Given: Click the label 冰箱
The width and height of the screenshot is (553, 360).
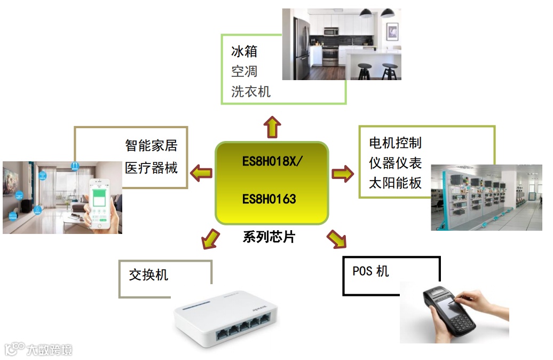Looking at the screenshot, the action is [244, 51].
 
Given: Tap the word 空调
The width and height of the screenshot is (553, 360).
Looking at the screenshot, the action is [244, 71].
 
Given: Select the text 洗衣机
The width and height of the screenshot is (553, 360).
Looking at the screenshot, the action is [251, 91].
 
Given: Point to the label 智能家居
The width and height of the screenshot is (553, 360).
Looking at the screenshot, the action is [151, 145].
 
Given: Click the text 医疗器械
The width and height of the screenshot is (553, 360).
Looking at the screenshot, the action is [151, 168].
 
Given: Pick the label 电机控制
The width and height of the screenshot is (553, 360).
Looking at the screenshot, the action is [395, 143].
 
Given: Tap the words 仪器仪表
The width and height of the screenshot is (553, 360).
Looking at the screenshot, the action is [395, 163].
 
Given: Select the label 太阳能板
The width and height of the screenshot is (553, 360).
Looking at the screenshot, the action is [395, 183].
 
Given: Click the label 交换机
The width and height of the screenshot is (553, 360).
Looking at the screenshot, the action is [148, 275].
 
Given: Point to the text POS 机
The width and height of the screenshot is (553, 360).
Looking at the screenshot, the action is [370, 271].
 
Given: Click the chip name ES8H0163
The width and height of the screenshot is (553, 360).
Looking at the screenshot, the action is [269, 200].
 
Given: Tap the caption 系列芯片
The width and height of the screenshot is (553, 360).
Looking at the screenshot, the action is [268, 237].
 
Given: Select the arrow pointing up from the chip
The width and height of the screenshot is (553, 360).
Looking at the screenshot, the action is [272, 127].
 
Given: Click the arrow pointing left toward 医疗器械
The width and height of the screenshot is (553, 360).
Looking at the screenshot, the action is [202, 173].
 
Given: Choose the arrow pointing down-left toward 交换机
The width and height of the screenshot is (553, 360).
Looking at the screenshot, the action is [210, 238].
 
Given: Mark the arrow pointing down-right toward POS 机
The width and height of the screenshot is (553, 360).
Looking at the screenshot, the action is [336, 239].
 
